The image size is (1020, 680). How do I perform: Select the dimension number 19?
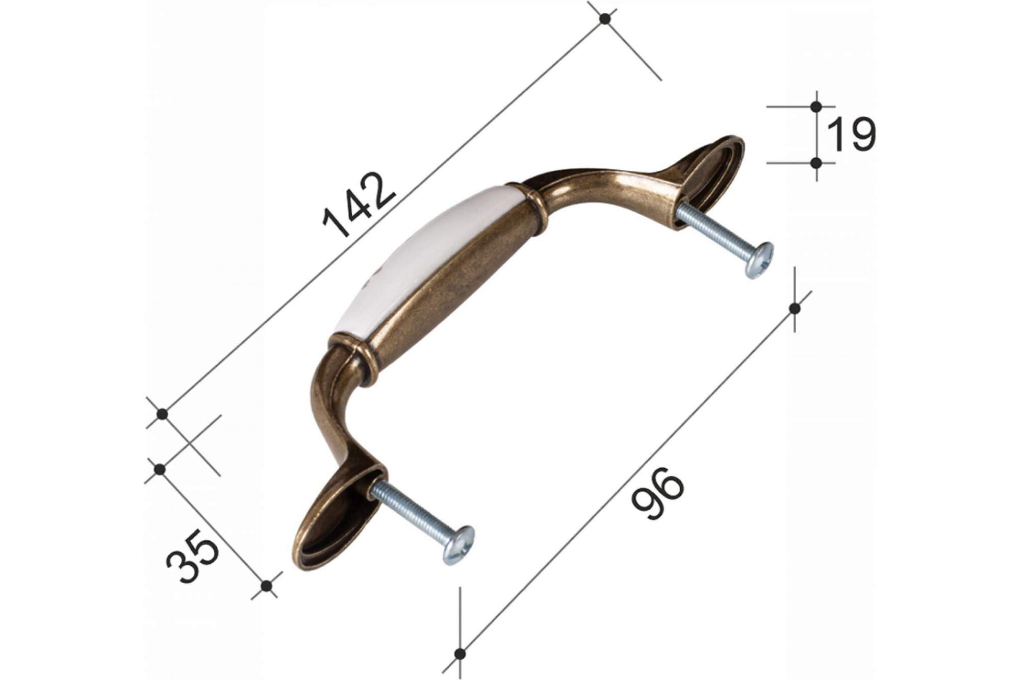pos(850,134)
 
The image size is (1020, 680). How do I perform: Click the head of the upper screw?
pos(758,260)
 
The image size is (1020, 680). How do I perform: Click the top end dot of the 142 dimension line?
pos(605,19)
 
